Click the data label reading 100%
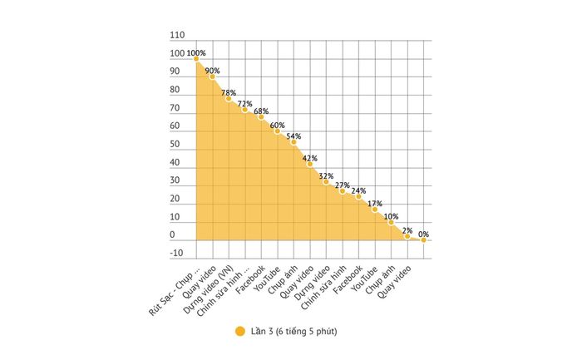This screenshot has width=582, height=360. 196,53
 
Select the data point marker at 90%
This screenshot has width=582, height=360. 212,76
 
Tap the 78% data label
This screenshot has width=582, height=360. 229,92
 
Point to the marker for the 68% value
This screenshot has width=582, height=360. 261,116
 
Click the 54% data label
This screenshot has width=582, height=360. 293,136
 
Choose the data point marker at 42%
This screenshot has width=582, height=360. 309,164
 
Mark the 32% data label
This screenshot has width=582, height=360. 326,176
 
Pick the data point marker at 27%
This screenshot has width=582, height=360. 342,191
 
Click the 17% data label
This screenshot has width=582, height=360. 374,204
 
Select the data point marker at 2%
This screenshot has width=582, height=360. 407,236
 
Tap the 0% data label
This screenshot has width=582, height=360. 423,234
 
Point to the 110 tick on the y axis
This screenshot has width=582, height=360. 176,37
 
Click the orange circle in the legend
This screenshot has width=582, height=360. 239,332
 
